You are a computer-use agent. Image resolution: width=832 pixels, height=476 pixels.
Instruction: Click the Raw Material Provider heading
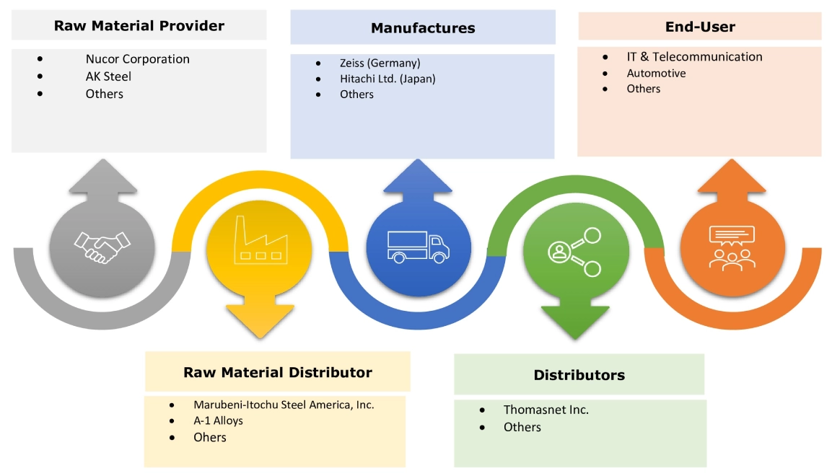[139, 26]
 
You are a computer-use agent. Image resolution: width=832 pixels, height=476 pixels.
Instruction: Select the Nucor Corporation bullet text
[137, 59]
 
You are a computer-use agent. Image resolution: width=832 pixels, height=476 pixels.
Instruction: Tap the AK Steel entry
[108, 76]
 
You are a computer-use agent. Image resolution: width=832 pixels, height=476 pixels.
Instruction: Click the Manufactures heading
[423, 28]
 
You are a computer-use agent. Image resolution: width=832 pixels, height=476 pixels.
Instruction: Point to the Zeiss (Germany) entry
[380, 63]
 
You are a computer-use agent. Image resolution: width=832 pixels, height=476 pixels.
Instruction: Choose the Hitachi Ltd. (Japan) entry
[387, 79]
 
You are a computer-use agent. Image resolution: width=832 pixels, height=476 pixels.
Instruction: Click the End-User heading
[700, 27]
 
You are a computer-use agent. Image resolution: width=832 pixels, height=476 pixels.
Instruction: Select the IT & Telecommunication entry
[694, 56]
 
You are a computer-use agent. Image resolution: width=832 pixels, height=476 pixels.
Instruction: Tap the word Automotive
[656, 73]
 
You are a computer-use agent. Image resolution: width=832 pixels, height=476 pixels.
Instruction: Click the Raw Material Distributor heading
[278, 372]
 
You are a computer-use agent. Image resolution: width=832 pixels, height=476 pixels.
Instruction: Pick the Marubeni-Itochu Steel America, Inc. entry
[284, 405]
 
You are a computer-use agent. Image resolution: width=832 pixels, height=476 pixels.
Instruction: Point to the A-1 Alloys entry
[218, 420]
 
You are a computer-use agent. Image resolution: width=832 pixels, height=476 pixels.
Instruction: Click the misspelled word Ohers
[209, 437]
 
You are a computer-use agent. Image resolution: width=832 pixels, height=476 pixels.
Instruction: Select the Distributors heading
[579, 375]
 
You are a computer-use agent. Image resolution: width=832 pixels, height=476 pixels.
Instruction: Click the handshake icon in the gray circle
[102, 247]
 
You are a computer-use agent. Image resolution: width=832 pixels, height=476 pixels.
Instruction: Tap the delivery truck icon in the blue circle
[418, 246]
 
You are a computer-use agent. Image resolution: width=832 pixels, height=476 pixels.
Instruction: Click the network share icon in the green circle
[574, 252]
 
